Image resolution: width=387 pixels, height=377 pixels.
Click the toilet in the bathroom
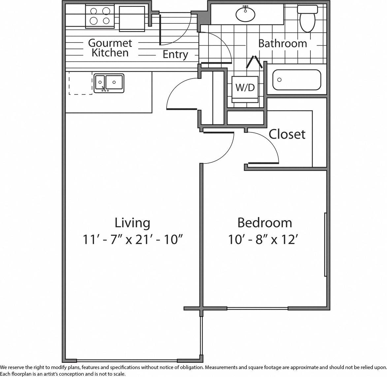pyautogui.click(x=307, y=20)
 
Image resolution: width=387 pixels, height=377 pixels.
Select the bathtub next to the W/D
pyautogui.click(x=297, y=80)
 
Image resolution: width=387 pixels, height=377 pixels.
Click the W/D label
pyautogui.click(x=245, y=87)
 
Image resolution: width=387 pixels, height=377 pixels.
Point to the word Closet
pyautogui.click(x=287, y=134)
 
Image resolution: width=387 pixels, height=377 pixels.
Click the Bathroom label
pyautogui.click(x=282, y=44)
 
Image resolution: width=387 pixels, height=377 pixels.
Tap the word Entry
pyautogui.click(x=175, y=54)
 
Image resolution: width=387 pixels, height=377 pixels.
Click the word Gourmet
pyautogui.click(x=110, y=43)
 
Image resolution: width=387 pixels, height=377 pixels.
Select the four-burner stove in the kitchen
pyautogui.click(x=100, y=17)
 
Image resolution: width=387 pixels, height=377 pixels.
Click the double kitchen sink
pyautogui.click(x=109, y=84)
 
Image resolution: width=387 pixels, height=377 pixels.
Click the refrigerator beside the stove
pyautogui.click(x=132, y=18)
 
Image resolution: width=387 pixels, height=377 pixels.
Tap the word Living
pyautogui.click(x=132, y=223)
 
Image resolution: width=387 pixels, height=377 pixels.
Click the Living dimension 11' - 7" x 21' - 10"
pyautogui.click(x=132, y=240)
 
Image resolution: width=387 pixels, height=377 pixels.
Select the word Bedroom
pyautogui.click(x=265, y=223)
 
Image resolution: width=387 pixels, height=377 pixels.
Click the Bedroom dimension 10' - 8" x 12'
pyautogui.click(x=265, y=240)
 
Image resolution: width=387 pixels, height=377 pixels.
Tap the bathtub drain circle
pyautogui.click(x=279, y=80)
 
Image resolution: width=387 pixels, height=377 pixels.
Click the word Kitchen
pyautogui.click(x=110, y=53)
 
